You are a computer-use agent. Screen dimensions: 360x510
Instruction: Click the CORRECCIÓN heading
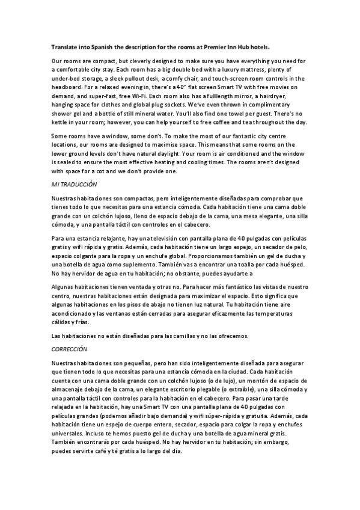point(70,348)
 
